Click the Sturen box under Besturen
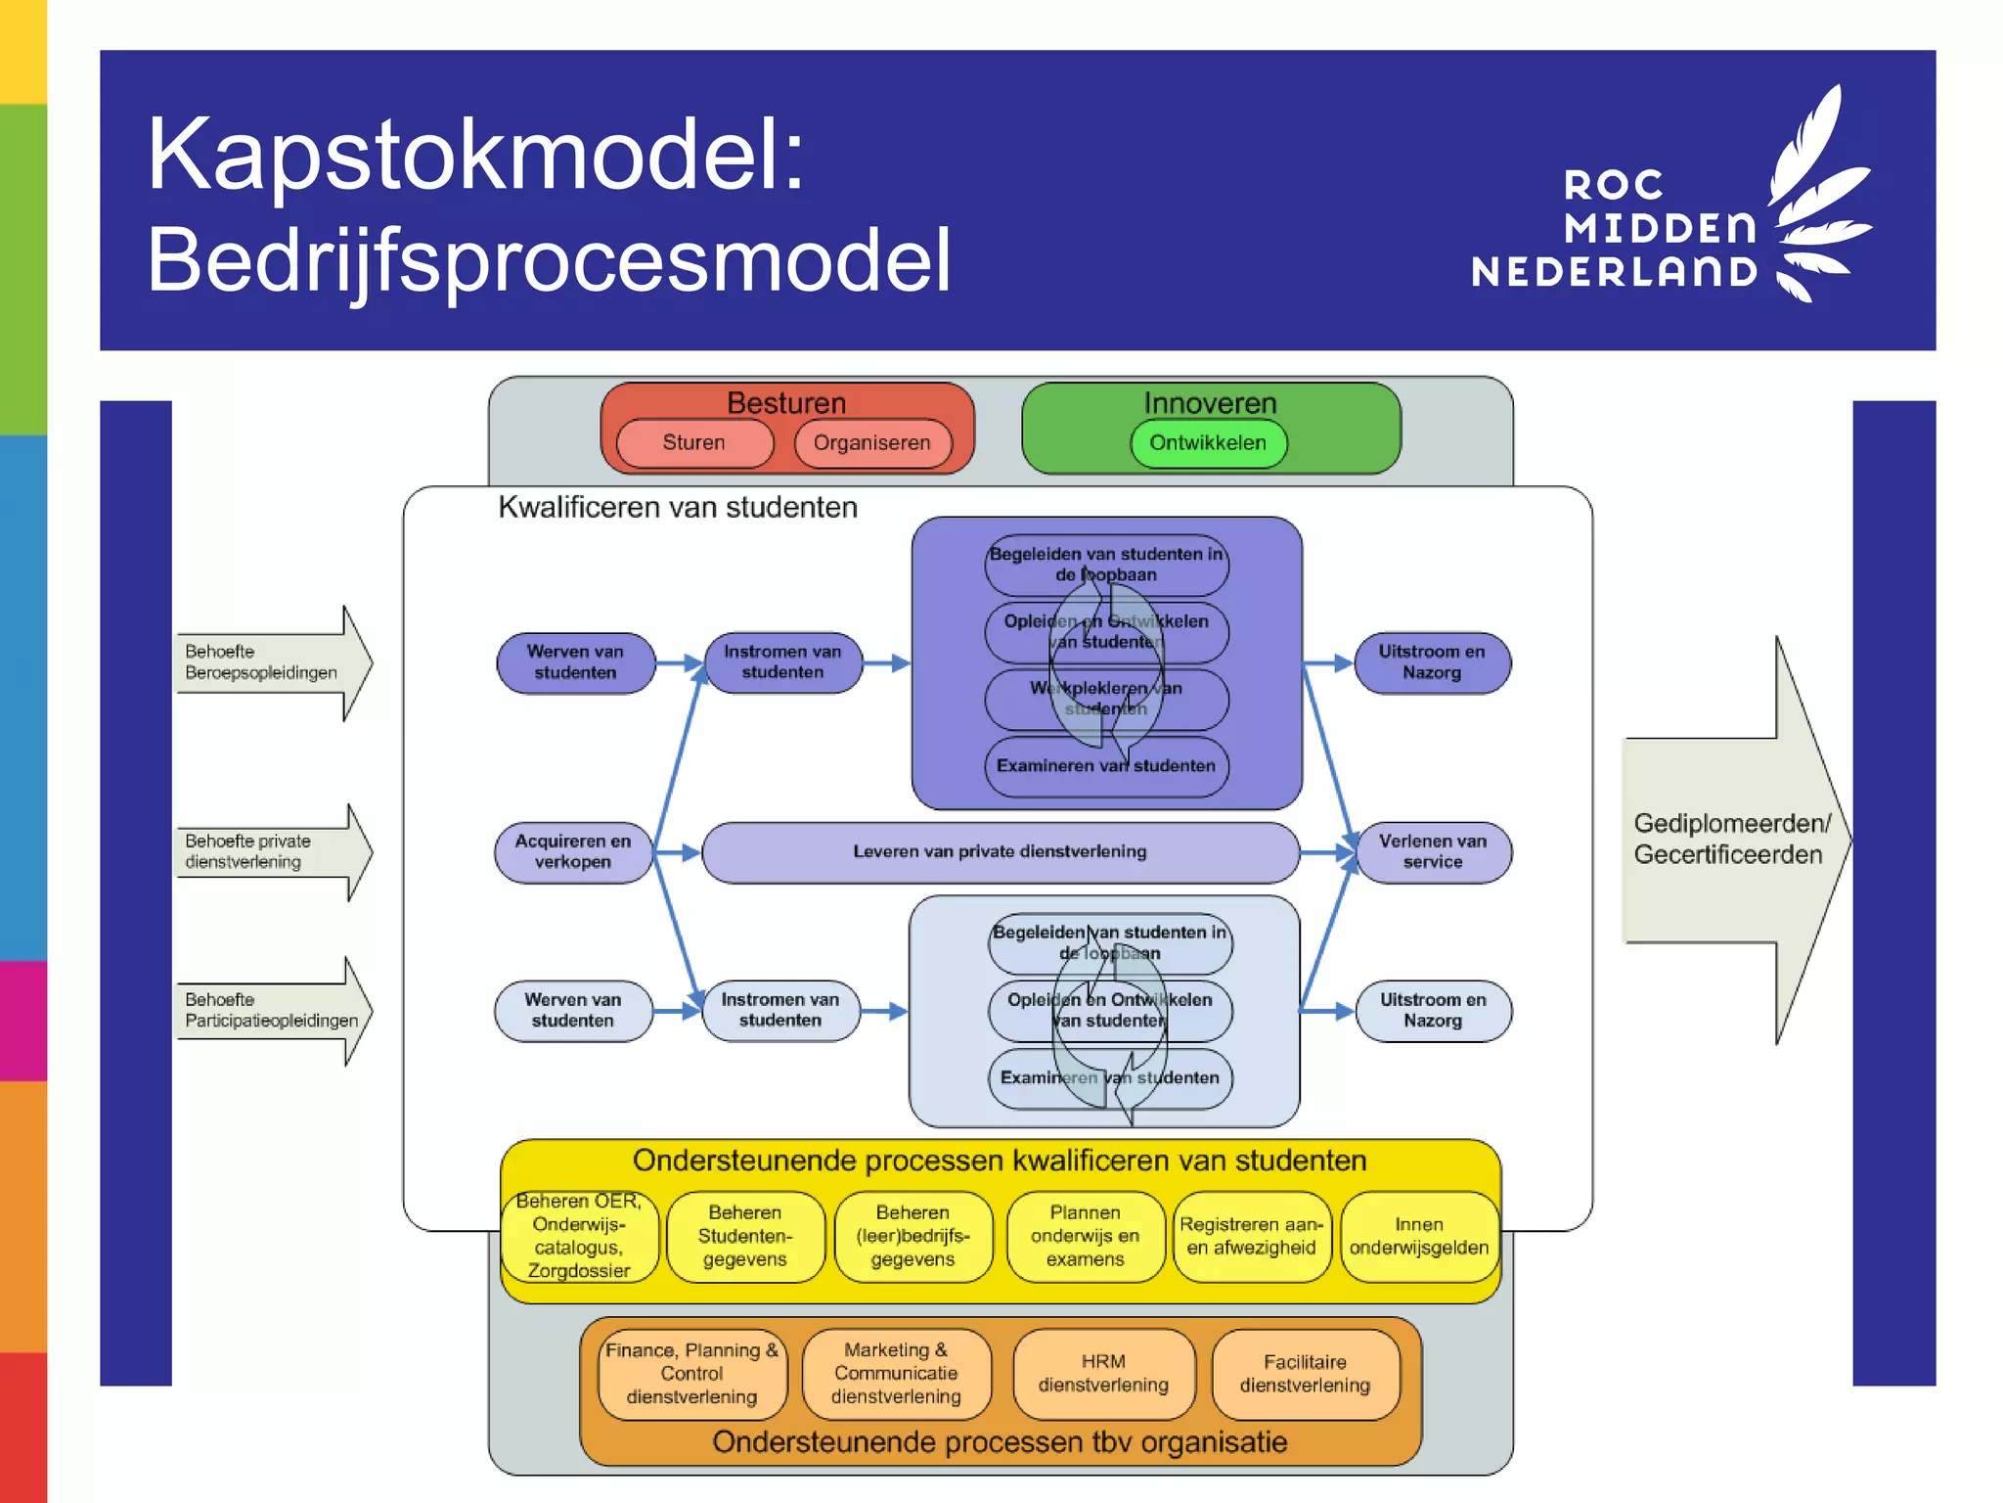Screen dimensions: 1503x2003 click(x=694, y=443)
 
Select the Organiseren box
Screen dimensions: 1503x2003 click(x=872, y=443)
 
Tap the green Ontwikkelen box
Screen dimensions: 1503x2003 click(x=1208, y=443)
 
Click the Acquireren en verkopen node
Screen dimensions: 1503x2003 click(x=573, y=852)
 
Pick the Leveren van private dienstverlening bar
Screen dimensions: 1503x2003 click(x=1000, y=852)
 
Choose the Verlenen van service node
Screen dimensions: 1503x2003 click(x=1433, y=852)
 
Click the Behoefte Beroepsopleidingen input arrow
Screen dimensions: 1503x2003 click(x=269, y=662)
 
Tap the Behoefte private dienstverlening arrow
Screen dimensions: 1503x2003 click(x=269, y=852)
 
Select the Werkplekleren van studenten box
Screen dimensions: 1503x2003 click(x=1106, y=699)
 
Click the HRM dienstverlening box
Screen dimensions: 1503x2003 click(x=1103, y=1374)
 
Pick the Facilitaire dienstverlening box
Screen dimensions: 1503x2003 click(x=1305, y=1374)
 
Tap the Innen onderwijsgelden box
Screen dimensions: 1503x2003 click(x=1419, y=1237)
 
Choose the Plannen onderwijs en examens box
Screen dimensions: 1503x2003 click(x=1085, y=1237)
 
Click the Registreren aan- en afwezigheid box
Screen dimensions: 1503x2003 click(x=1251, y=1237)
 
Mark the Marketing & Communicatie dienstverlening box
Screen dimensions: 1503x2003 click(x=896, y=1374)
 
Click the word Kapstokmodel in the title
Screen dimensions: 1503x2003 click(x=475, y=155)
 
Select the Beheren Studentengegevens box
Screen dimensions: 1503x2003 click(x=745, y=1237)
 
